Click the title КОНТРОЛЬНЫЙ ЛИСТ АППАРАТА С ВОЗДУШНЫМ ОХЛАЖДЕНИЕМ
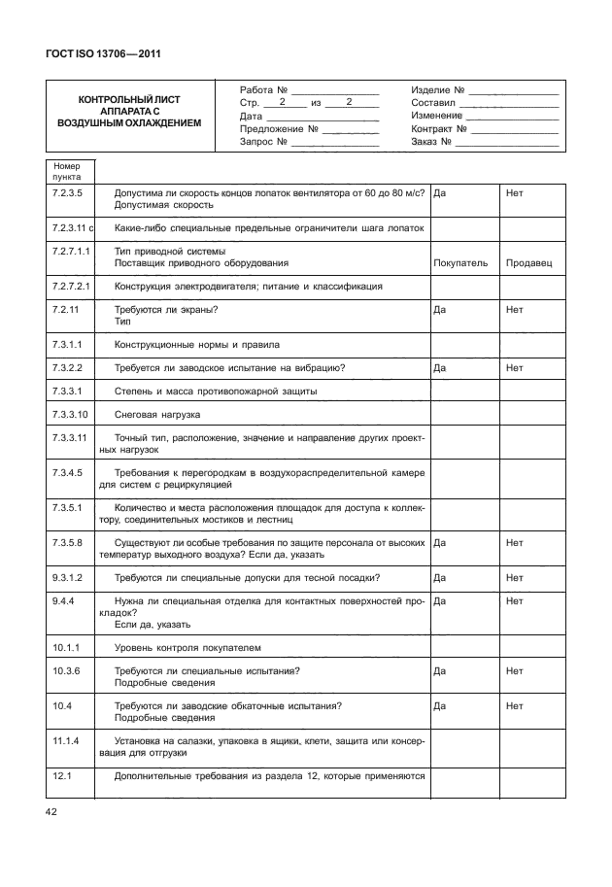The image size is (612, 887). point(128,112)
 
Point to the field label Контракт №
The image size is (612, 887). point(440,128)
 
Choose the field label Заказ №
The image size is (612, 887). point(432,142)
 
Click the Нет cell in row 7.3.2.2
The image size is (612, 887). point(514,368)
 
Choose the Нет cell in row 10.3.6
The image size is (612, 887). point(514,670)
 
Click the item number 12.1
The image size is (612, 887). point(59,775)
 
